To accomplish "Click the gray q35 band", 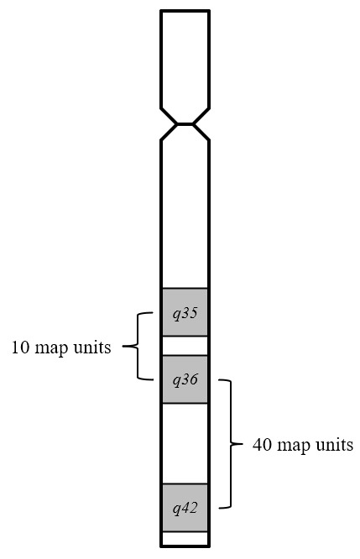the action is coord(185,312).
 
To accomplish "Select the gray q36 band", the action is coord(185,379).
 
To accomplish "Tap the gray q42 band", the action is coord(185,508).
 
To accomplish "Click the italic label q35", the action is coord(185,314).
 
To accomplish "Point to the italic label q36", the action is coord(185,380).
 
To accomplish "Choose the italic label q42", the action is coord(185,509).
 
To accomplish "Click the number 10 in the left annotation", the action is coord(20,347).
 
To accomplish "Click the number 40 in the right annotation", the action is coord(262,445).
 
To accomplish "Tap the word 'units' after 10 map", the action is coord(92,347).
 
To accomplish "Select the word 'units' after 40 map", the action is coord(335,445).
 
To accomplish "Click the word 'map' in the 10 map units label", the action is coord(51,349).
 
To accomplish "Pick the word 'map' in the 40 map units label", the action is coord(294,447).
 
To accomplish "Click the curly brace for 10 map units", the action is coord(138,346).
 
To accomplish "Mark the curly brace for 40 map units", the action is coord(231,444).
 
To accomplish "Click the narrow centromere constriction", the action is coord(185,124).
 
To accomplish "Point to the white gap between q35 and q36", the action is coord(185,346).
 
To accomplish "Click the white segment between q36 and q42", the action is coord(185,443).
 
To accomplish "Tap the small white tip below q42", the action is coord(185,538).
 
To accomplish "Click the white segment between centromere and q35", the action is coord(185,214).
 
